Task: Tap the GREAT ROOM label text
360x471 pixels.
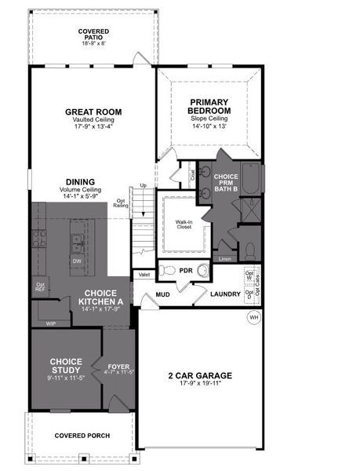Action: click(93, 112)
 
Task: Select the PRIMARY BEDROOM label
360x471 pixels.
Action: click(209, 107)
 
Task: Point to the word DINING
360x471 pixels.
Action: click(80, 180)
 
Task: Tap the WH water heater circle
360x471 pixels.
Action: click(253, 318)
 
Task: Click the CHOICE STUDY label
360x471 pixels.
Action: click(66, 365)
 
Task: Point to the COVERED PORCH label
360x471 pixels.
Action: click(82, 436)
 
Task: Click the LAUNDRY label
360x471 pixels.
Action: click(226, 295)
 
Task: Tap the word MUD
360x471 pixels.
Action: click(163, 295)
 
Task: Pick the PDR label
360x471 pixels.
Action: click(186, 270)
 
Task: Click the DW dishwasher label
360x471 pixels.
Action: click(77, 261)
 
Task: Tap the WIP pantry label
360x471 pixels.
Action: click(50, 323)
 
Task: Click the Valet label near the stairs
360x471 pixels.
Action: click(144, 274)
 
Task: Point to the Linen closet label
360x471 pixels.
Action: click(226, 257)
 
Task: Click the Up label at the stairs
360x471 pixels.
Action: click(143, 186)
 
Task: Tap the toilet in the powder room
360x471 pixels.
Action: click(167, 270)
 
